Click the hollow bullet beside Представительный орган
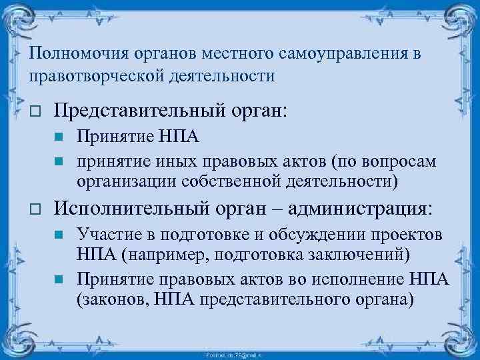click(x=37, y=110)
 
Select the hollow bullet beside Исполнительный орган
click(x=37, y=209)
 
